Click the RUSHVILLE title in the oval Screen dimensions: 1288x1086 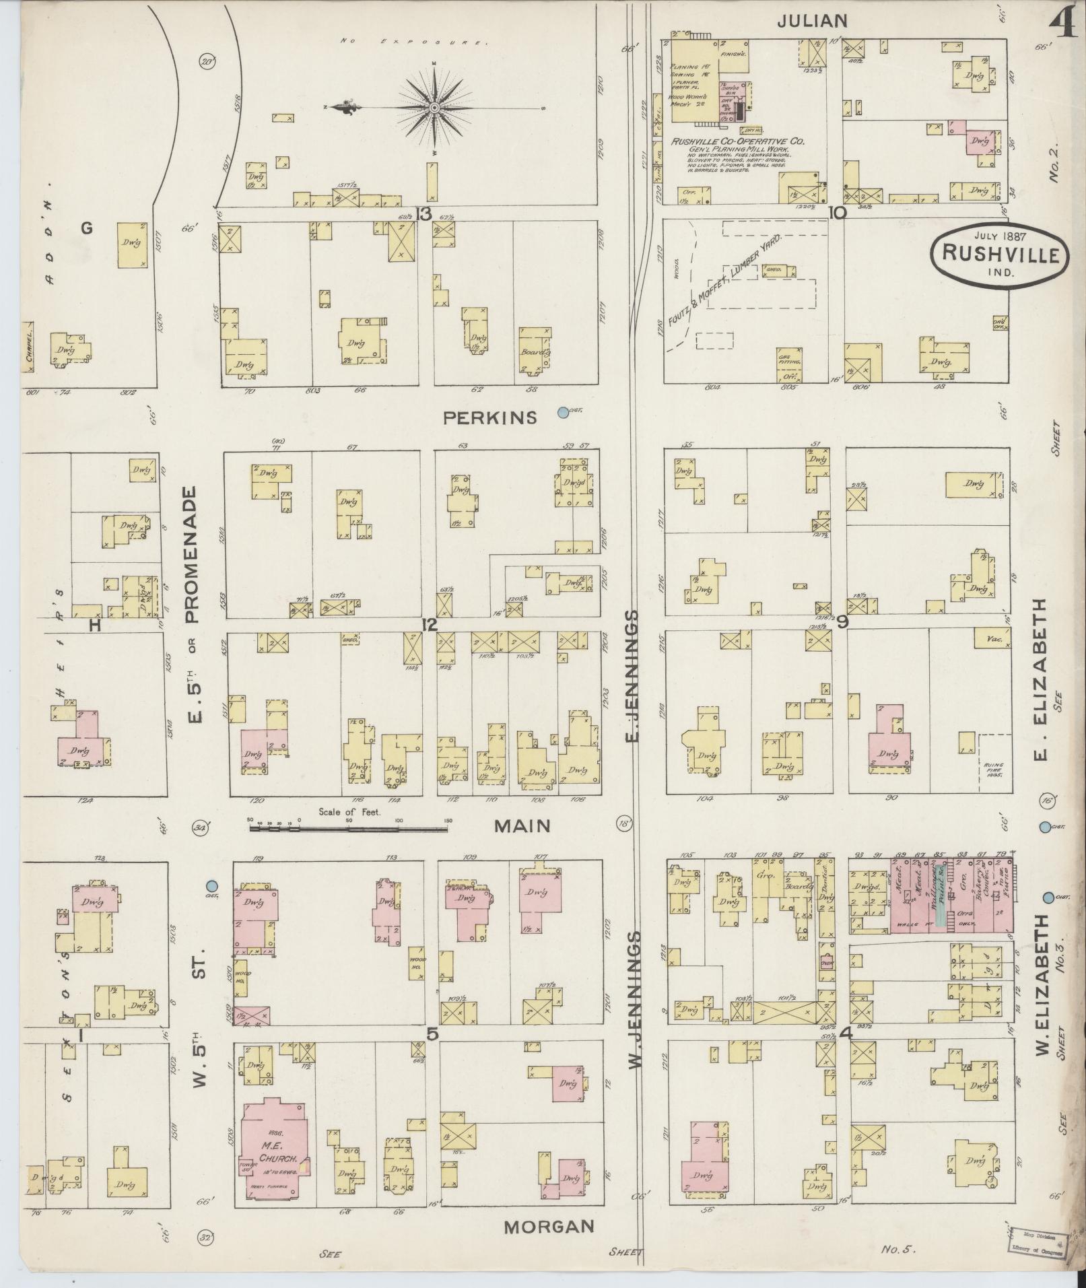[1000, 254]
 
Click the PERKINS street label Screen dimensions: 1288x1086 [490, 418]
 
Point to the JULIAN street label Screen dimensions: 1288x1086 [811, 21]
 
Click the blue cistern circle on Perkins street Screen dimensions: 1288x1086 [563, 412]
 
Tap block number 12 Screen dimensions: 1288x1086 [429, 625]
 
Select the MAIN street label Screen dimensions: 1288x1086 [522, 825]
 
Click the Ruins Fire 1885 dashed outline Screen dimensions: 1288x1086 [994, 755]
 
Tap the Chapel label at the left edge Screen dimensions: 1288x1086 [29, 349]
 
